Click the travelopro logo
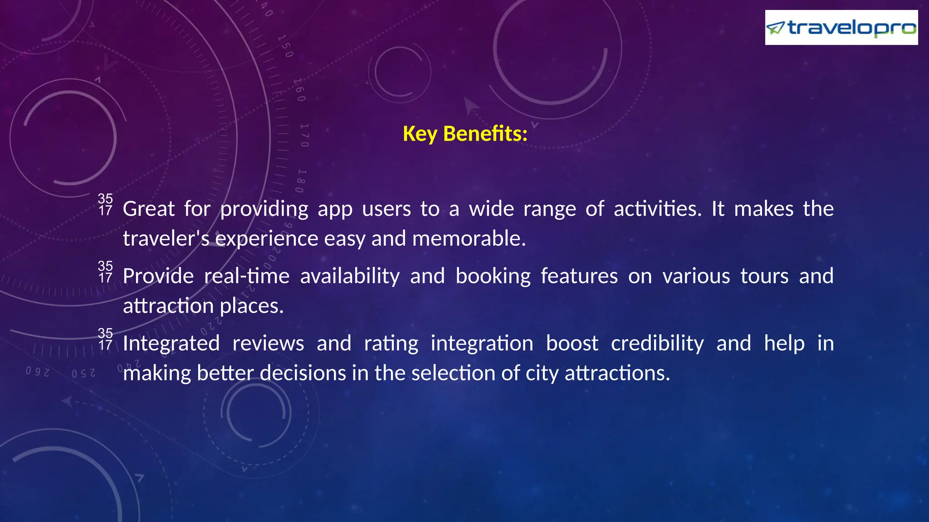pyautogui.click(x=841, y=28)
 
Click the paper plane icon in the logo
pyautogui.click(x=775, y=28)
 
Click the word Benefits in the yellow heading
pyautogui.click(x=485, y=134)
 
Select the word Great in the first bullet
pyautogui.click(x=149, y=209)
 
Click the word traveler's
pyautogui.click(x=166, y=238)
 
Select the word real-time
pyautogui.click(x=247, y=276)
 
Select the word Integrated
pyautogui.click(x=171, y=344)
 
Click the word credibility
pyautogui.click(x=657, y=343)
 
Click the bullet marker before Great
pyautogui.click(x=105, y=205)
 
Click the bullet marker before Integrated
pyautogui.click(x=105, y=339)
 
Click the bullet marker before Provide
pyautogui.click(x=105, y=272)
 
